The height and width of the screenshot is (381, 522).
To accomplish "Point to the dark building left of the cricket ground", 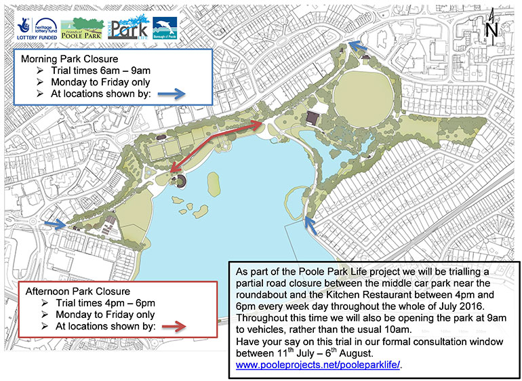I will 314,118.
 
